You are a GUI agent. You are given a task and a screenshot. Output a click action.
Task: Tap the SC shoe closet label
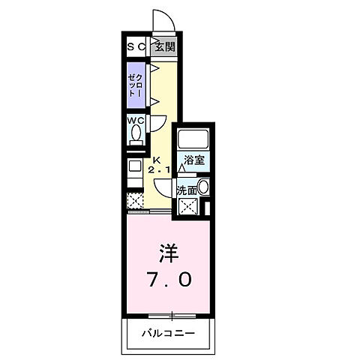pyautogui.click(x=138, y=46)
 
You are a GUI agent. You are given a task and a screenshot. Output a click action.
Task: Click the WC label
pyautogui.click(x=135, y=120)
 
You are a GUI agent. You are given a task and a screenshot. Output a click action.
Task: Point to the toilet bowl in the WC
pyautogui.click(x=136, y=135)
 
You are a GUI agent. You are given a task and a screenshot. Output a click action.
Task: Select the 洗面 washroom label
pyautogui.click(x=187, y=190)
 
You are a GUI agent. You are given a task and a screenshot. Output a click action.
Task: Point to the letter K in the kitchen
pyautogui.click(x=157, y=160)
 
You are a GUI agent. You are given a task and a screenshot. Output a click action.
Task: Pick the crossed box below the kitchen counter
pyautogui.click(x=136, y=201)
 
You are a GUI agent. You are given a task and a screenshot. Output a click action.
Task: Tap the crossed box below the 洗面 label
pyautogui.click(x=187, y=207)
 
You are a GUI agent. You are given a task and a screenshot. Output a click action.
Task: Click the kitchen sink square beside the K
pyautogui.click(x=135, y=166)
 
